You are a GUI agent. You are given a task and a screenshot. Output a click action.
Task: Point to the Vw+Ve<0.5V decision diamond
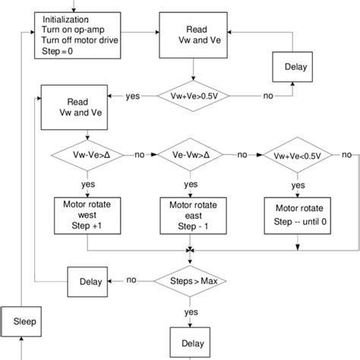coord(293,155)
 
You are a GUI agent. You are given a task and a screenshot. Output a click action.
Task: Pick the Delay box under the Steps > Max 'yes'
coord(190,340)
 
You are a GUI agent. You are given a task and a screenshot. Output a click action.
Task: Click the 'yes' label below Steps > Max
coord(191,311)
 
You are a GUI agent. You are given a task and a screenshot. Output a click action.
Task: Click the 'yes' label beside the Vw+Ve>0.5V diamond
coord(133,96)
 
